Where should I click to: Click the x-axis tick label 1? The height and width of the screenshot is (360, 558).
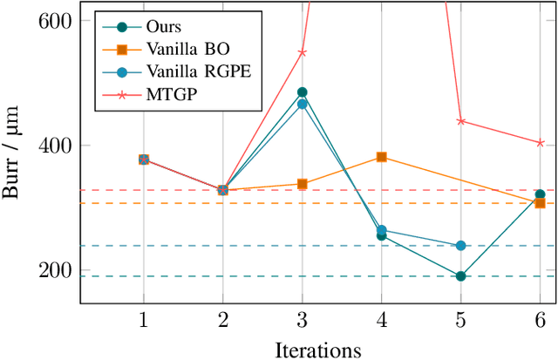pos(143,320)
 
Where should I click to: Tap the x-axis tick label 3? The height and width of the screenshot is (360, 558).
pos(302,320)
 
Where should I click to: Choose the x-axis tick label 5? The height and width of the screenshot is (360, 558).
pos(460,320)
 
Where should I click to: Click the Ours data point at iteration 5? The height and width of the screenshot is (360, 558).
pos(460,276)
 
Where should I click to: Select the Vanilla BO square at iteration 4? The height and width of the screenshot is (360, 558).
pos(381,157)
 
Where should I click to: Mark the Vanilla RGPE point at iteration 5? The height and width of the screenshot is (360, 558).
pos(460,246)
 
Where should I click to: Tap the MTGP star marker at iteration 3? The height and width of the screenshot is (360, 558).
pos(302,52)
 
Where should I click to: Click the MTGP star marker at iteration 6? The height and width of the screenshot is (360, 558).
pos(540,143)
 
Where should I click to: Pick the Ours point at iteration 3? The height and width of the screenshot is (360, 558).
pos(302,92)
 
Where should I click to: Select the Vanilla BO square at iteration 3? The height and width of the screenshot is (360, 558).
pos(302,184)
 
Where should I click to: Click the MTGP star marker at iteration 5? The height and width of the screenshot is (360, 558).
pos(460,121)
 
